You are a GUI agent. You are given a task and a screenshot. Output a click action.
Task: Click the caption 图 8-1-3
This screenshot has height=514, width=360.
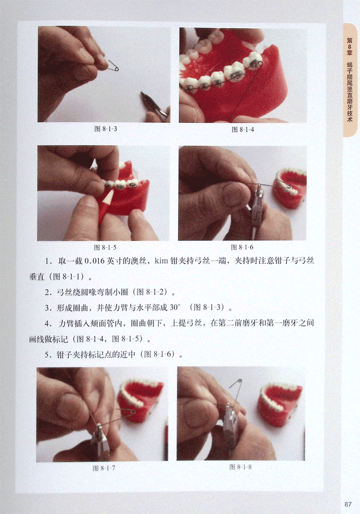[106, 129]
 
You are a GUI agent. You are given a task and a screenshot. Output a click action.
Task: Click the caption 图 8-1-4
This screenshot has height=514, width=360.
[243, 130]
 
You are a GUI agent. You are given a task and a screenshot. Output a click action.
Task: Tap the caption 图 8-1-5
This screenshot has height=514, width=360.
[105, 247]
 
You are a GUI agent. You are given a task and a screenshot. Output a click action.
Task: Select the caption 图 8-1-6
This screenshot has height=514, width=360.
[242, 247]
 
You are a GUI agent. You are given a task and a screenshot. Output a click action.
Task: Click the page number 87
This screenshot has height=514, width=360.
[348, 504]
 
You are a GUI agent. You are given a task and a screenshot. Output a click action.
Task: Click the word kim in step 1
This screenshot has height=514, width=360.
[161, 261]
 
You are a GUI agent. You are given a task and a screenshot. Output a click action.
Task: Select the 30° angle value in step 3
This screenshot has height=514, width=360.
[174, 307]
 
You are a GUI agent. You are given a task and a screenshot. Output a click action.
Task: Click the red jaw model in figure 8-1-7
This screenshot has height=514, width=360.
[141, 399]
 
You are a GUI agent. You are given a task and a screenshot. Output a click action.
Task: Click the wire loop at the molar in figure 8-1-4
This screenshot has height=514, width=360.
[260, 63]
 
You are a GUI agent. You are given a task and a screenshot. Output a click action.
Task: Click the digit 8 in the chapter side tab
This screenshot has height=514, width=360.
[350, 46]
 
